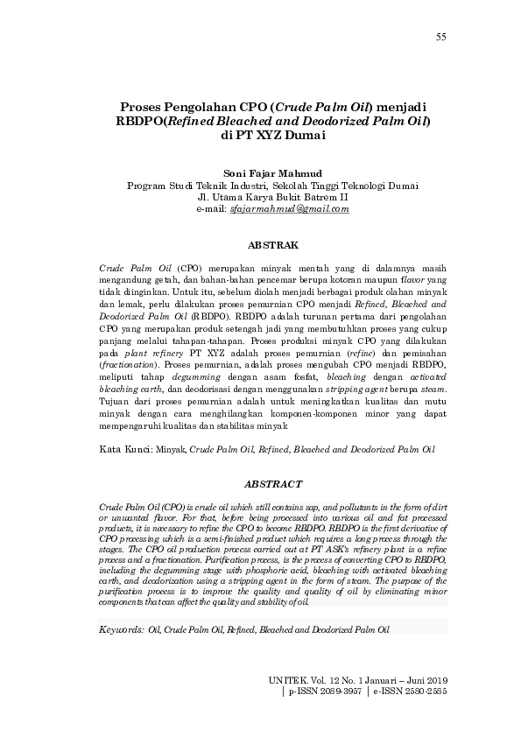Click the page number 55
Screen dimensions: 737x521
tap(440, 37)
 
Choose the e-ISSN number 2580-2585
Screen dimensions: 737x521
tap(426, 691)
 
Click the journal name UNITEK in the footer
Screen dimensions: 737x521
tap(289, 678)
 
